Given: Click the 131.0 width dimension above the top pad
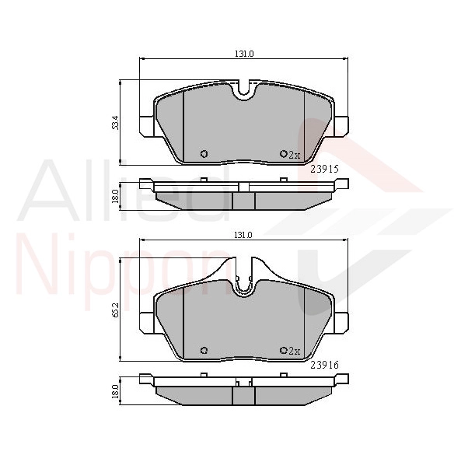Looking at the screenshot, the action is coord(244,54).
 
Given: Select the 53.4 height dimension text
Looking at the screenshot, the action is coord(116,122).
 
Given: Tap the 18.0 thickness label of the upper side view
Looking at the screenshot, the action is coord(116,196).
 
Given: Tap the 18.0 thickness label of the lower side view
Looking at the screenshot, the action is coord(116,391).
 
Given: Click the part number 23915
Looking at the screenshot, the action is coord(324,170).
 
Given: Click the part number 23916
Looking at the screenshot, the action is coord(324,365).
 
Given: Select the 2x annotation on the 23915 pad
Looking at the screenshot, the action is coord(295,155).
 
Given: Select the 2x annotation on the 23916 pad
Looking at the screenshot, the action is coord(295,351).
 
